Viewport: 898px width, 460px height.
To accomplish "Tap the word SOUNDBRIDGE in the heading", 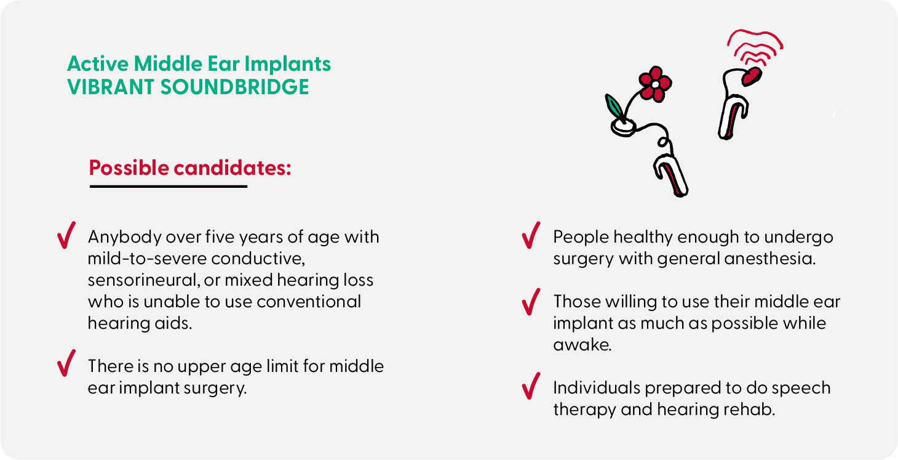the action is coord(235,87).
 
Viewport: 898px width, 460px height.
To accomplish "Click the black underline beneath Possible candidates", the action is coord(169,186).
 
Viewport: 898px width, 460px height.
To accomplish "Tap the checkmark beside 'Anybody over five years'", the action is coord(66,236).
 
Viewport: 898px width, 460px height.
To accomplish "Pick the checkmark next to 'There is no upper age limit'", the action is coord(66,363).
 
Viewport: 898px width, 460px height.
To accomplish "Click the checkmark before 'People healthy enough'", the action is coord(531,235).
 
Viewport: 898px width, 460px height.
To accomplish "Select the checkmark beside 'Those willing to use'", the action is coord(531,302).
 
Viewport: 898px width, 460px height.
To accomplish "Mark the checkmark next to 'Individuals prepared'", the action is coord(531,386).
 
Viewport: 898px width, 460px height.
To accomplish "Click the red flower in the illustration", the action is coord(656,84).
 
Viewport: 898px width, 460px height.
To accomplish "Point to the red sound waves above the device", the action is coord(755,48).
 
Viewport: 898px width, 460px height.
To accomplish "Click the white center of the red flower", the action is coord(655,85).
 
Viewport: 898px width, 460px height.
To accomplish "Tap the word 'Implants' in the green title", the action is coord(287,64).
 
